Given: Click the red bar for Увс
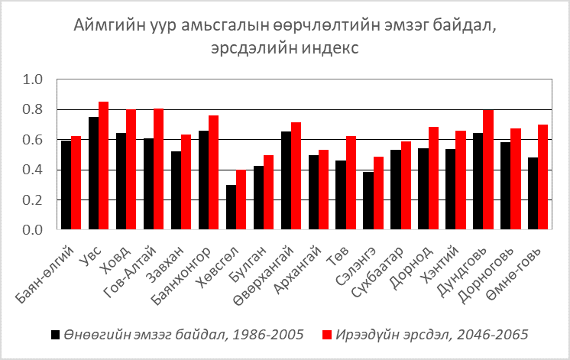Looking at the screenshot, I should pyautogui.click(x=104, y=165).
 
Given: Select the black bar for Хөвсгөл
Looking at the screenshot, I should pyautogui.click(x=231, y=207).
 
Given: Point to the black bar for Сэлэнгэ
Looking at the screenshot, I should pyautogui.click(x=368, y=200).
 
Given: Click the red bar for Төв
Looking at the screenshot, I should pyautogui.click(x=351, y=183).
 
